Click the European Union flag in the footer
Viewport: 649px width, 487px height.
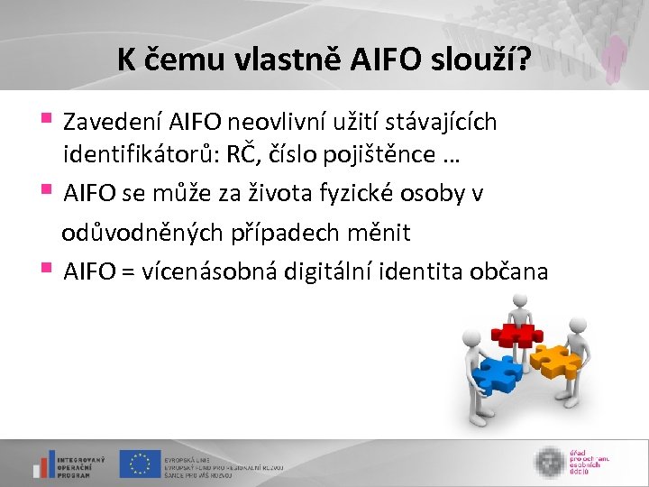140,464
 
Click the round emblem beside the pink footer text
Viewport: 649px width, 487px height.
549,462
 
